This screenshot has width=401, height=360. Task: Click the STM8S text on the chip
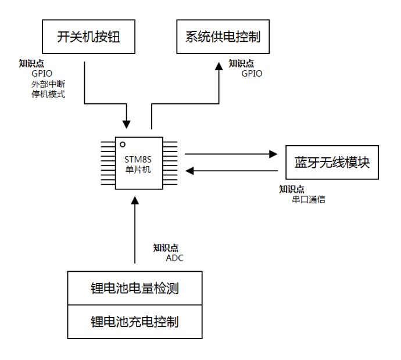[x=138, y=160]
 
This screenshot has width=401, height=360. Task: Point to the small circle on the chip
[x=123, y=145]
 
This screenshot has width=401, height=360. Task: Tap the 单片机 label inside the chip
[x=138, y=170]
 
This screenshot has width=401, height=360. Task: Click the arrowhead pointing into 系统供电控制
[x=219, y=66]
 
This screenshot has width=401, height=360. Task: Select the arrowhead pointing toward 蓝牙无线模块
[x=273, y=154]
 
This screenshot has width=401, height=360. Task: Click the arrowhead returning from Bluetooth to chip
[x=189, y=171]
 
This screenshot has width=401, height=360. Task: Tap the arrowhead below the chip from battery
[x=135, y=200]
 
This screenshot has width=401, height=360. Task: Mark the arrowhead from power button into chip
[x=126, y=124]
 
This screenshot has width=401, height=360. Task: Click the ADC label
[x=175, y=258]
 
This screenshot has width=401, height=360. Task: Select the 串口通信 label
[x=309, y=199]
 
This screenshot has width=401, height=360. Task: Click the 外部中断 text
[x=48, y=84]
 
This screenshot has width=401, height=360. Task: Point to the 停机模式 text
[x=48, y=94]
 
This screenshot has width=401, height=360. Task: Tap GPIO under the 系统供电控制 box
[x=252, y=74]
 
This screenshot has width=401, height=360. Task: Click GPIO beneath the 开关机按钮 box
[x=42, y=74]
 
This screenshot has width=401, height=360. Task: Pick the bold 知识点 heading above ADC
[x=166, y=248]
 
